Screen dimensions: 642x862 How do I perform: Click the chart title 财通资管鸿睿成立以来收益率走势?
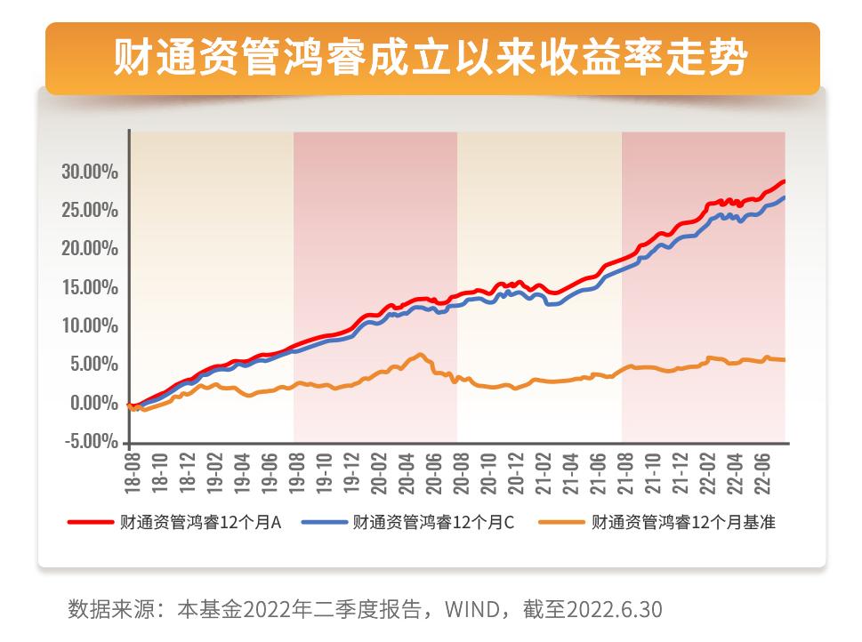pyautogui.click(x=431, y=58)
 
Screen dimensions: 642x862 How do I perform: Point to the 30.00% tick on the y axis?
pyautogui.click(x=90, y=172)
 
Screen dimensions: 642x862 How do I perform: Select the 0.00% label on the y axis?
pyautogui.click(x=93, y=403)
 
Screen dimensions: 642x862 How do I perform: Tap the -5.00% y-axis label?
pyautogui.click(x=90, y=441)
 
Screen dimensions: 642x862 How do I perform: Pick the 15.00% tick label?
pyautogui.click(x=90, y=287)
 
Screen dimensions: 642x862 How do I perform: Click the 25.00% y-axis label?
pyautogui.click(x=90, y=210)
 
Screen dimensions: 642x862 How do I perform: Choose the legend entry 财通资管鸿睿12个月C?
pyautogui.click(x=433, y=523)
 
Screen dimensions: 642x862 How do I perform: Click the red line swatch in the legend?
pyautogui.click(x=91, y=523)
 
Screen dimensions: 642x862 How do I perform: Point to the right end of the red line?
pyautogui.click(x=784, y=181)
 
